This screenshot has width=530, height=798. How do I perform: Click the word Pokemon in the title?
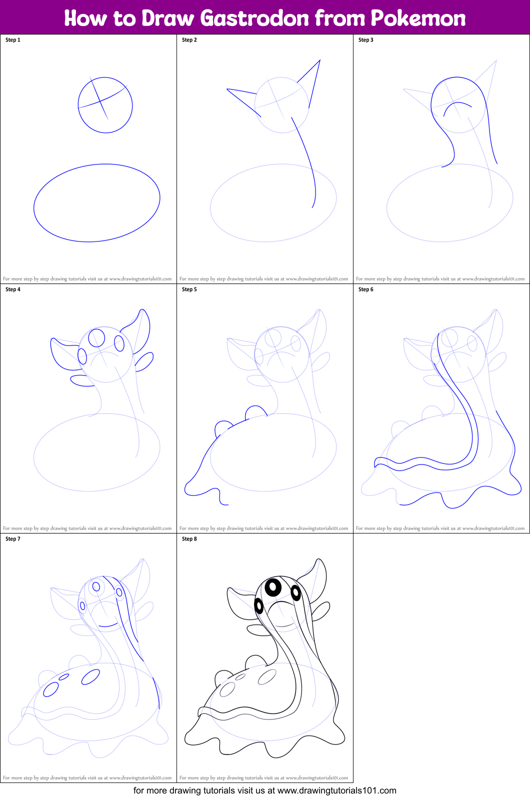coord(418,18)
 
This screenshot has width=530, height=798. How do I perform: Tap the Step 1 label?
coord(13,40)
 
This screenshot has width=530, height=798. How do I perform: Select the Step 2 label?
coord(189,40)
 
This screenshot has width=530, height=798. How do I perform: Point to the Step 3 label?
coord(366,40)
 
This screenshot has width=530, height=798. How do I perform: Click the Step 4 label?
coord(13,289)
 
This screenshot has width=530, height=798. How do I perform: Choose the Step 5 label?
coord(189,289)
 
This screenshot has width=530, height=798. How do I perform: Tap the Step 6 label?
coord(366,289)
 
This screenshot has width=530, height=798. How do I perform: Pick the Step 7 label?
coord(13,539)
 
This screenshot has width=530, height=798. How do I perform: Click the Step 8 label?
coord(189,539)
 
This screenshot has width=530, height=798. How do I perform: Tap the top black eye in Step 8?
coord(273,587)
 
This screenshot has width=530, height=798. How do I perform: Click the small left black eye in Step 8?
coord(259,606)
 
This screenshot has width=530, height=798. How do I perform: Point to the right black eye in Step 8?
coord(295,592)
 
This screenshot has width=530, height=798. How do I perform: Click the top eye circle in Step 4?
coord(96,338)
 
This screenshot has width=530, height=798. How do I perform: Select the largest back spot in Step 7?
coord(90,677)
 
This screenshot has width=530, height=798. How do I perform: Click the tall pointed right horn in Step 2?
coord(312,80)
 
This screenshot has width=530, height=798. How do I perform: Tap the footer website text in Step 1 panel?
coord(87,279)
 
